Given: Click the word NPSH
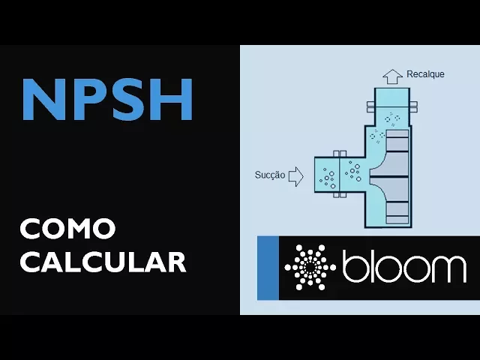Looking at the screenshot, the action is pyautogui.click(x=108, y=99).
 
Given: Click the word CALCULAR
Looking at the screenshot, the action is pyautogui.click(x=103, y=262).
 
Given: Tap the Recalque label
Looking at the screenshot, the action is pyautogui.click(x=425, y=74).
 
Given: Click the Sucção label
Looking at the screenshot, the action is pyautogui.click(x=270, y=175).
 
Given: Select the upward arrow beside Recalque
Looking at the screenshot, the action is pyautogui.click(x=392, y=76).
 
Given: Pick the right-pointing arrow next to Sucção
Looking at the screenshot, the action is pyautogui.click(x=295, y=175).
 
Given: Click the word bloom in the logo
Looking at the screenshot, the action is pyautogui.click(x=403, y=267).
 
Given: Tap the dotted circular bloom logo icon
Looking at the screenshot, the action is pyautogui.click(x=310, y=268).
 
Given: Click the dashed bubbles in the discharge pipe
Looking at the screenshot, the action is pyautogui.click(x=391, y=118).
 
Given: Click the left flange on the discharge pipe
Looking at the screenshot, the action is pyautogui.click(x=370, y=106).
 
